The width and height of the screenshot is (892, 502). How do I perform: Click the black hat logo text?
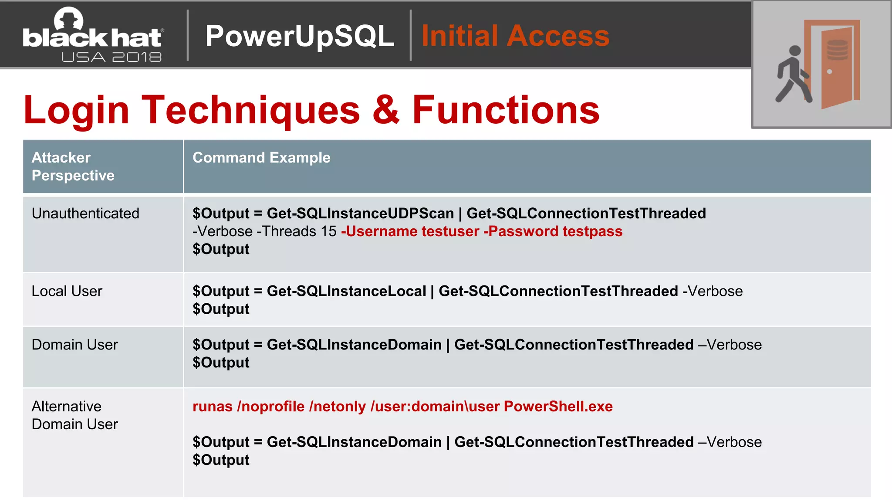pyautogui.click(x=92, y=38)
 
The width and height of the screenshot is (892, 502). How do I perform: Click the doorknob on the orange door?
pyautogui.click(x=829, y=72)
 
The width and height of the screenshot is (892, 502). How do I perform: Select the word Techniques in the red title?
pyautogui.click(x=251, y=110)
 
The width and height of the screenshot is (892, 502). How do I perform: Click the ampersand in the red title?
pyautogui.click(x=385, y=110)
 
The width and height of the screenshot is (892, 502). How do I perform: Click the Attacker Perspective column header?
pyautogui.click(x=73, y=166)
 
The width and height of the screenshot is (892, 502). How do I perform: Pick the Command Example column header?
pyautogui.click(x=261, y=158)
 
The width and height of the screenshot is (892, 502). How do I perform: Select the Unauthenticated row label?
pyautogui.click(x=85, y=214)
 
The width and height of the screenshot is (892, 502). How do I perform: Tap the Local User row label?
pyautogui.click(x=67, y=291)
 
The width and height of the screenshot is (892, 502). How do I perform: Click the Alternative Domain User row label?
pyautogui.click(x=74, y=415)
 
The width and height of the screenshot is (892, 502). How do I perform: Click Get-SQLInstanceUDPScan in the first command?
pyautogui.click(x=360, y=214)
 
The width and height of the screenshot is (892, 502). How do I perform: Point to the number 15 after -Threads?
pyautogui.click(x=328, y=231)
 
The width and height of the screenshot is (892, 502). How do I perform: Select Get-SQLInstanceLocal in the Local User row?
pyautogui.click(x=346, y=291)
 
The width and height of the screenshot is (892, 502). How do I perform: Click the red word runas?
pyautogui.click(x=212, y=407)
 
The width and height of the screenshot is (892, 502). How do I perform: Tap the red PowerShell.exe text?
pyautogui.click(x=558, y=407)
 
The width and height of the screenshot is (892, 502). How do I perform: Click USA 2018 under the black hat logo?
pyautogui.click(x=111, y=57)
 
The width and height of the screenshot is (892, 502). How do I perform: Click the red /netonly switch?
pyautogui.click(x=337, y=407)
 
